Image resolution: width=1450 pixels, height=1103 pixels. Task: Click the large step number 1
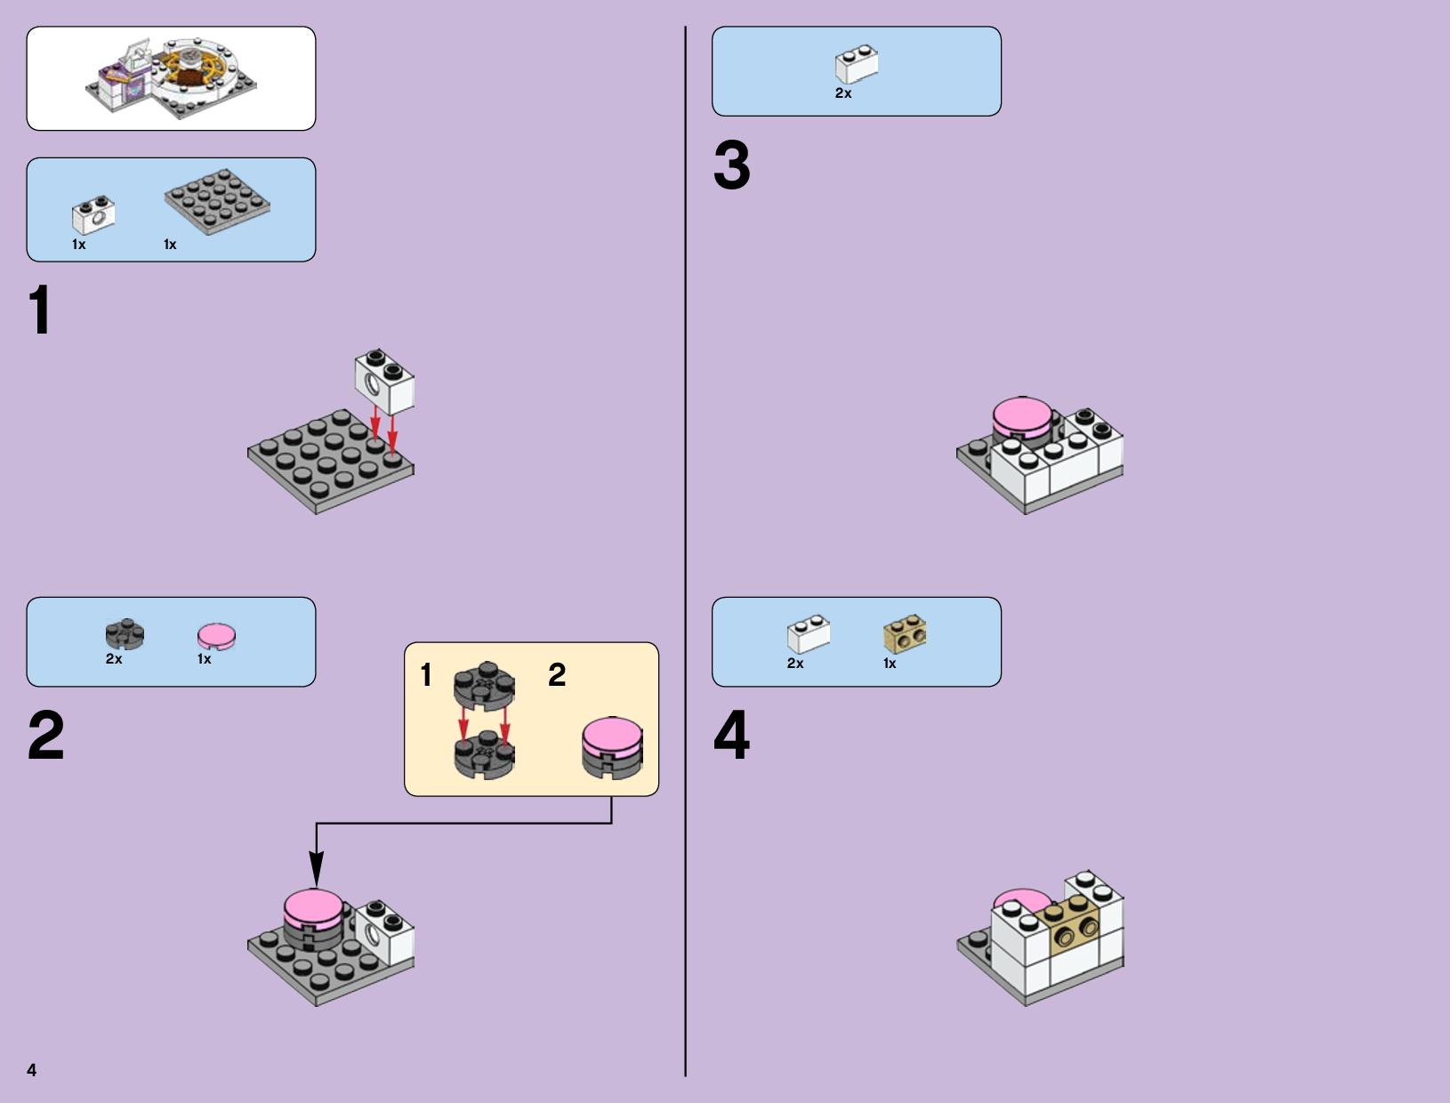(41, 310)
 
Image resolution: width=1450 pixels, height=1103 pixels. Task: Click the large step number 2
(46, 735)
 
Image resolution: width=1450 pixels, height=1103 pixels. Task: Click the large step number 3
(732, 165)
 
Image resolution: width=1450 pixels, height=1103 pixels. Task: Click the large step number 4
(732, 735)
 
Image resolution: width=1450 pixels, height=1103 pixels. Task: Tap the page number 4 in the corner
(32, 1070)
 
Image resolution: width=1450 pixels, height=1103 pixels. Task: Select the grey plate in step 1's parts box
(217, 201)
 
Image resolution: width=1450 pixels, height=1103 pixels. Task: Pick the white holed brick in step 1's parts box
(93, 214)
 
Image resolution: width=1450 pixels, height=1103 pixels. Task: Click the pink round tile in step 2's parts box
(217, 637)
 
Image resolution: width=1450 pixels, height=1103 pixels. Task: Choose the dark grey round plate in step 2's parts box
(125, 634)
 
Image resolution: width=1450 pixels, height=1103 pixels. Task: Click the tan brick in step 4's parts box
(905, 634)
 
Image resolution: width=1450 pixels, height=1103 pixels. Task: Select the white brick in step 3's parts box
(857, 64)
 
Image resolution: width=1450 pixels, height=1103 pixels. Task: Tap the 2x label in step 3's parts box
(843, 93)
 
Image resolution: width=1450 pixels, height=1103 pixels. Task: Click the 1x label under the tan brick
(890, 664)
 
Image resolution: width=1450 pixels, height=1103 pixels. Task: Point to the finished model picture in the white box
(171, 78)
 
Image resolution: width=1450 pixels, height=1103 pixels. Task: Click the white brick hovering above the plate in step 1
(384, 382)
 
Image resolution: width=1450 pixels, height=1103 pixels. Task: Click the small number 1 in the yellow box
(427, 675)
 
